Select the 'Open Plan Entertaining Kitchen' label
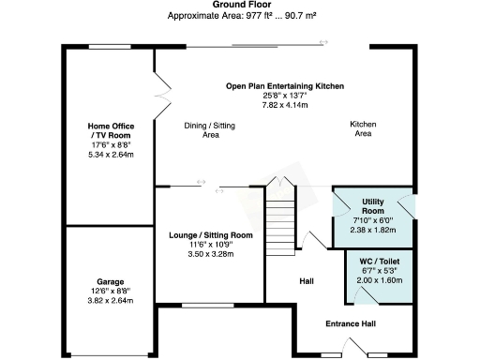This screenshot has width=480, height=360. pos(285,85)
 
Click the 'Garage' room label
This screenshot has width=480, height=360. pos(111,280)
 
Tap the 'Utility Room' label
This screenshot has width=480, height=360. pos(373,207)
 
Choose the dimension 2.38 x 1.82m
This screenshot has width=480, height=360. pos(373,230)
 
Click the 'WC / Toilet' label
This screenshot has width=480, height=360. pos(379,261)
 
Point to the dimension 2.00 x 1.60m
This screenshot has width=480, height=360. pos(379,280)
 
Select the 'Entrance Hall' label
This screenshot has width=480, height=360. pos(350,324)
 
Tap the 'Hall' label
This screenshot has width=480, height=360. pos(306,280)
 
